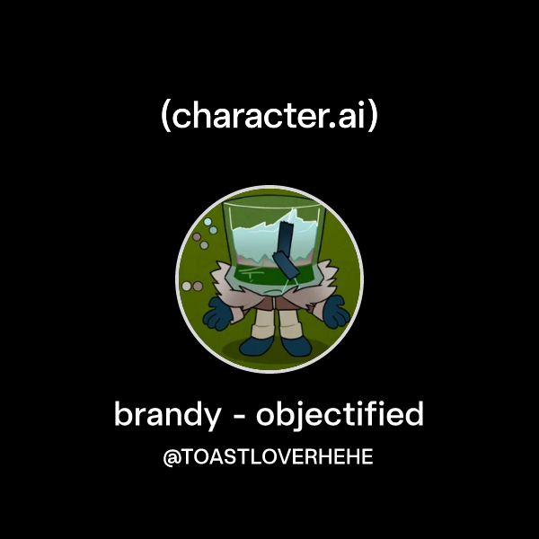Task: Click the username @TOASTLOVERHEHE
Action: tap(268, 457)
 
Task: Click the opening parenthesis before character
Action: tap(165, 117)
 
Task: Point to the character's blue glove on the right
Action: tap(334, 312)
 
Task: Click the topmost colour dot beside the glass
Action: tap(208, 221)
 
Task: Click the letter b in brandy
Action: tap(122, 415)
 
